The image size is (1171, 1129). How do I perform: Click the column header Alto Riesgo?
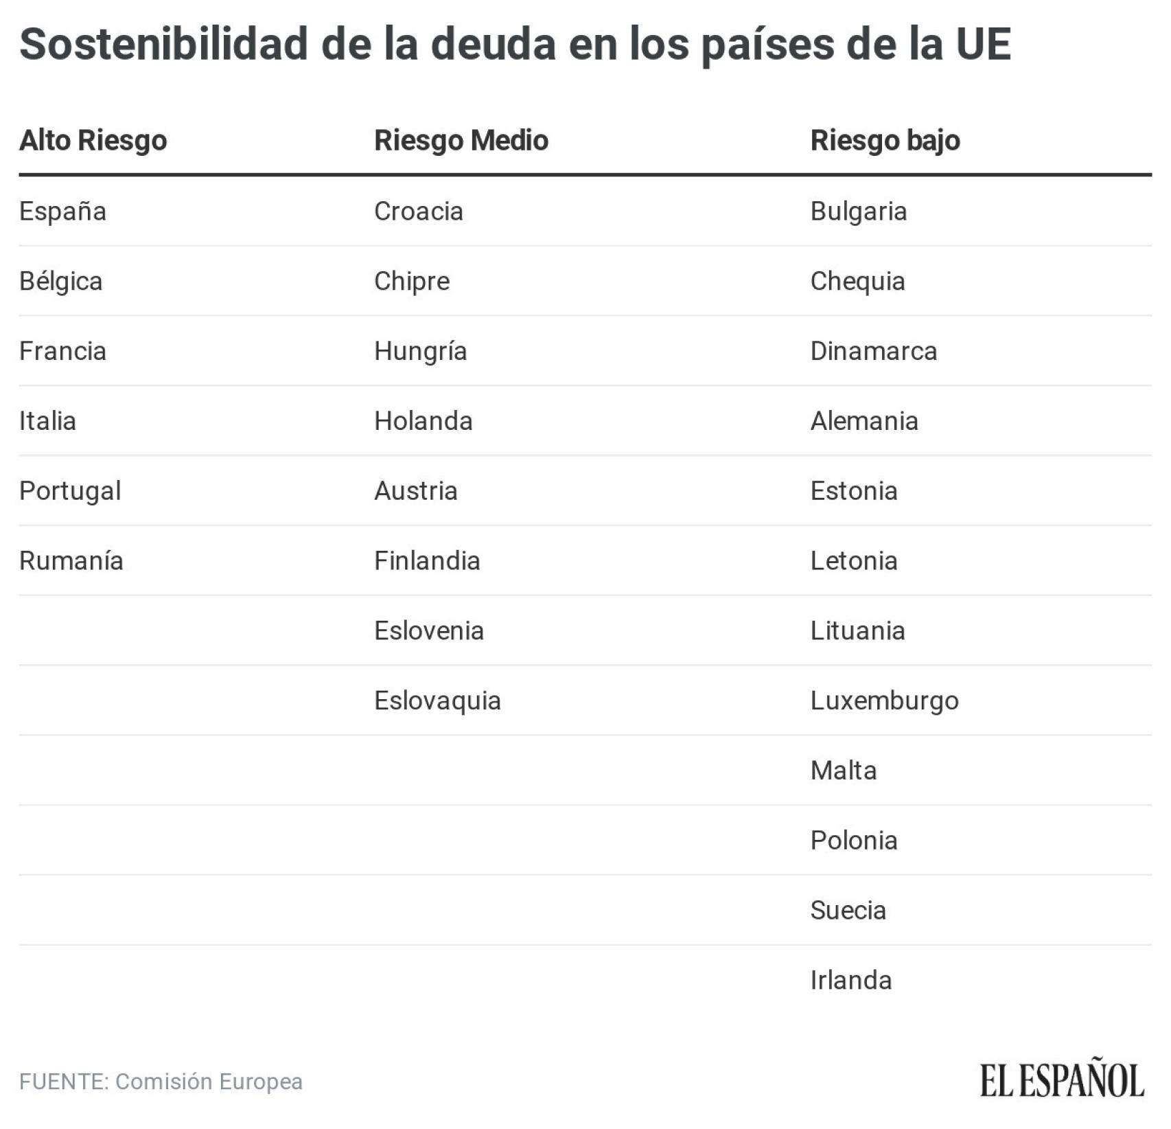click(93, 141)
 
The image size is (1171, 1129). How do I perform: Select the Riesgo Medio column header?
click(461, 141)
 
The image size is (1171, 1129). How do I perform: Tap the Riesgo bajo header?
click(885, 141)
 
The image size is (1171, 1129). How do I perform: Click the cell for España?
click(62, 212)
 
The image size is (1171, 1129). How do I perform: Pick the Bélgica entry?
click(61, 282)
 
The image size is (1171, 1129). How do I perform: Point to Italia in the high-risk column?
click(47, 421)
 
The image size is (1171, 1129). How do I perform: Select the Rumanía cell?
click(71, 561)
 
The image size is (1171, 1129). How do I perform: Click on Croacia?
click(419, 212)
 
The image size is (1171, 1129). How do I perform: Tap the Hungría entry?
click(421, 352)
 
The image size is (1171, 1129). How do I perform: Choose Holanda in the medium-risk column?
click(424, 421)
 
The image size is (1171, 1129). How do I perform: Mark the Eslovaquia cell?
click(437, 701)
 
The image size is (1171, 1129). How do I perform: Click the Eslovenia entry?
click(429, 631)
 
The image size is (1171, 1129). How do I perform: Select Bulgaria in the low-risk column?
click(859, 212)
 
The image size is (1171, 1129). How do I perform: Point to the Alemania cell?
click(864, 421)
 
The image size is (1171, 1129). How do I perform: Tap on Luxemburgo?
click(884, 701)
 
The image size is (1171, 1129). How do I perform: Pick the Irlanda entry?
click(851, 981)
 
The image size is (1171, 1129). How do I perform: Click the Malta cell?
click(844, 771)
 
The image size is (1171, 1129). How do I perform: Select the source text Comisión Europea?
click(209, 1082)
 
